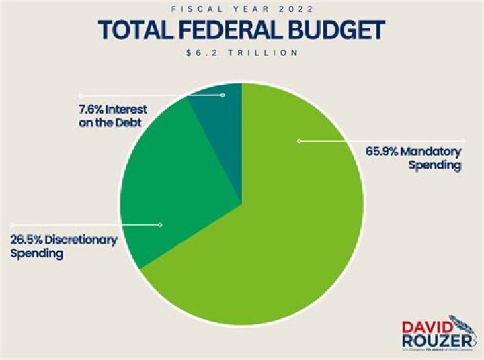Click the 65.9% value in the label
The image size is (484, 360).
point(381,151)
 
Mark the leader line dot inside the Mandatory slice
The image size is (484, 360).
point(299,140)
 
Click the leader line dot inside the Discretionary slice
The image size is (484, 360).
point(160,225)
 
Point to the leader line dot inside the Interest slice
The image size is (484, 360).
point(223,95)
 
